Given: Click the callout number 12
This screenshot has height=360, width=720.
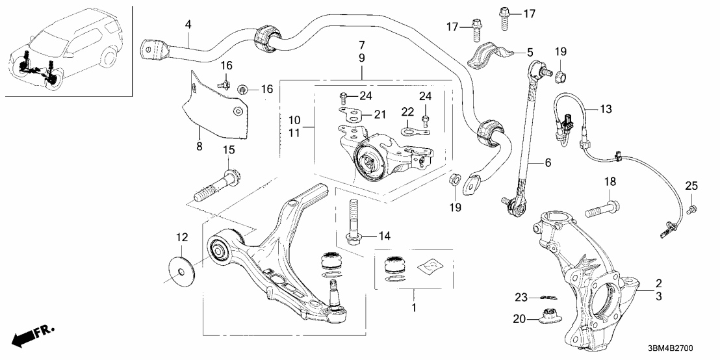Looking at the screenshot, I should (x=181, y=238).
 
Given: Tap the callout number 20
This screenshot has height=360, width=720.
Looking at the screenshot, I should (x=519, y=318).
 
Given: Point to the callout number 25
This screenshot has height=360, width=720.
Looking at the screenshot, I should (x=691, y=186).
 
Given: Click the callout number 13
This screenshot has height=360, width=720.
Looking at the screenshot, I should (x=606, y=110).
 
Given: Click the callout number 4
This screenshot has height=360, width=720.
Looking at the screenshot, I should (x=188, y=25).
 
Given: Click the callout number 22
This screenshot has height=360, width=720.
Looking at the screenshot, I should (x=407, y=111).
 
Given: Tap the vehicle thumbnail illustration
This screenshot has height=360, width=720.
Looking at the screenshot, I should (x=65, y=49).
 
